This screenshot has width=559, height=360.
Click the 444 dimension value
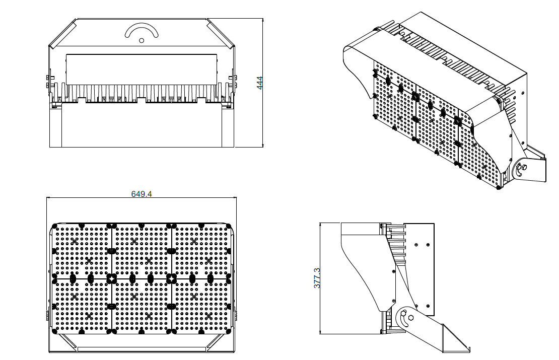[x=260, y=83]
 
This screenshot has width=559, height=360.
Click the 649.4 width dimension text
[x=142, y=194]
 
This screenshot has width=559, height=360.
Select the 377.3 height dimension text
[x=317, y=278]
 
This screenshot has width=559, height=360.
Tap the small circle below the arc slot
[x=142, y=40]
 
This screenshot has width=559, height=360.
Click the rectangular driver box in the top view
[x=142, y=69]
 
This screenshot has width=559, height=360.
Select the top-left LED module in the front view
[x=82, y=251]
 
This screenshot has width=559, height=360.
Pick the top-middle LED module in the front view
[x=142, y=251]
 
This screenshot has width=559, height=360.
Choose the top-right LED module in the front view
[x=201, y=251]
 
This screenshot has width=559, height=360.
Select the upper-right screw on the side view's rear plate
[x=428, y=245]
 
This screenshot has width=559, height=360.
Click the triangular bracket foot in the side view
[x=456, y=339]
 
